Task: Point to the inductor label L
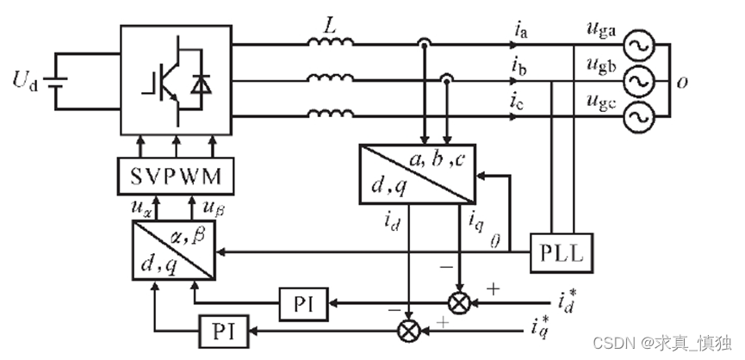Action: pyautogui.click(x=328, y=27)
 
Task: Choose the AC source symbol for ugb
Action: pyautogui.click(x=641, y=81)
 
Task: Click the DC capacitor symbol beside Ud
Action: pyautogui.click(x=58, y=83)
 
